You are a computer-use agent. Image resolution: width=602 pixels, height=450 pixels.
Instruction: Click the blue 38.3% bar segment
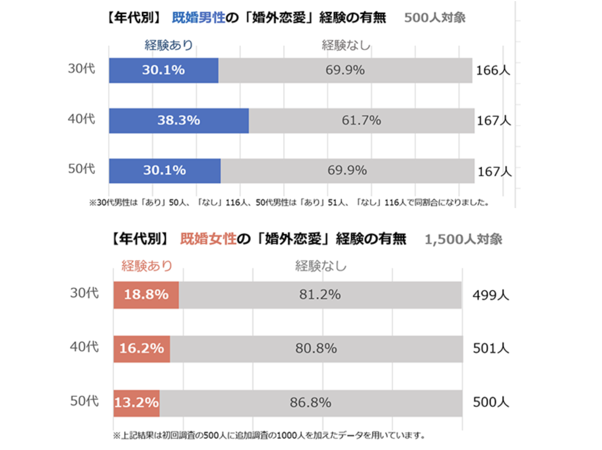point(179,121)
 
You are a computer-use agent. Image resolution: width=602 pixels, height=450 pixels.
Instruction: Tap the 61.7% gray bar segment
point(361,121)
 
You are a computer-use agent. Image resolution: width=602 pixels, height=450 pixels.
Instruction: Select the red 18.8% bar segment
point(146,295)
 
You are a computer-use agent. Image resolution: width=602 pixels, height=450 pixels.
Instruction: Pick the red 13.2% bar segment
point(136,403)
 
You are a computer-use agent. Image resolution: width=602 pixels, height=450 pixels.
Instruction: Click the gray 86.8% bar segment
point(310,403)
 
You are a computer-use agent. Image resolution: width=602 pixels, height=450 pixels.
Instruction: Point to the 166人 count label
point(493,70)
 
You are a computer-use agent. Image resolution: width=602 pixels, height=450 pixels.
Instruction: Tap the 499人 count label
point(491,295)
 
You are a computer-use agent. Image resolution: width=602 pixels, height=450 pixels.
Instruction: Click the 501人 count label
point(491,348)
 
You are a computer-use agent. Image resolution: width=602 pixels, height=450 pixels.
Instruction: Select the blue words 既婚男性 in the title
point(198,17)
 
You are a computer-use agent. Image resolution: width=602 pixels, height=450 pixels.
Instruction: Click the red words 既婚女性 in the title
point(208,239)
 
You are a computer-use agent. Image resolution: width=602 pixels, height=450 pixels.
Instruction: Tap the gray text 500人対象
point(435,17)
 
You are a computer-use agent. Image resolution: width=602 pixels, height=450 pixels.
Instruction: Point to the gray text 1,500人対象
point(463,239)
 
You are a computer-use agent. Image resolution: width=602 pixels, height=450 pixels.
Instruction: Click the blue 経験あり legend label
point(168,45)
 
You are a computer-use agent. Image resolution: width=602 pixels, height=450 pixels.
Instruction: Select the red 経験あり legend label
point(147,266)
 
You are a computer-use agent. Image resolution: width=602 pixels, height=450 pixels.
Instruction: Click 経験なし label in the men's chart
point(346,45)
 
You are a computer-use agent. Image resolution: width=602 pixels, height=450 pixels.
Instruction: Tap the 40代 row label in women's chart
point(84,347)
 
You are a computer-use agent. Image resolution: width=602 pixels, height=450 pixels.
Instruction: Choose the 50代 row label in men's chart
point(81,169)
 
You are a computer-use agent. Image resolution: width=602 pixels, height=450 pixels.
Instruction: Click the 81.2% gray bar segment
point(319,295)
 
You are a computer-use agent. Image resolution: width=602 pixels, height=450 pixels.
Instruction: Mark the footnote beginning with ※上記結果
point(269,435)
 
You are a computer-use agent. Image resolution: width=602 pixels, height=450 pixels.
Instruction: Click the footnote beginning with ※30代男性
point(289,202)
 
